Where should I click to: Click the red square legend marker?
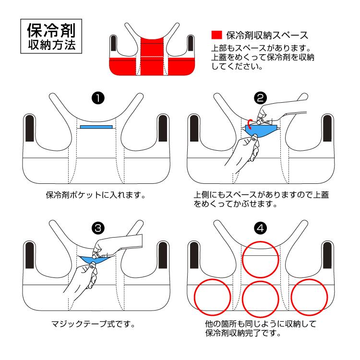pos(217,35)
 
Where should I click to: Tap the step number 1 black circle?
pos(98,98)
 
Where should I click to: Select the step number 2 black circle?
pos(261,98)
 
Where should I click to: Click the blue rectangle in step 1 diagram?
pos(96,127)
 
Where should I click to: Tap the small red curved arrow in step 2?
pos(251,120)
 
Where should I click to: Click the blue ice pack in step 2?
pos(262,130)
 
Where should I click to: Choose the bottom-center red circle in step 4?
pos(260,298)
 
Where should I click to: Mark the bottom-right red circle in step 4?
pos(310,296)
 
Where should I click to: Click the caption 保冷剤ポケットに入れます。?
pos(96,195)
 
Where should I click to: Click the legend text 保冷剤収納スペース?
pos(266,35)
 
